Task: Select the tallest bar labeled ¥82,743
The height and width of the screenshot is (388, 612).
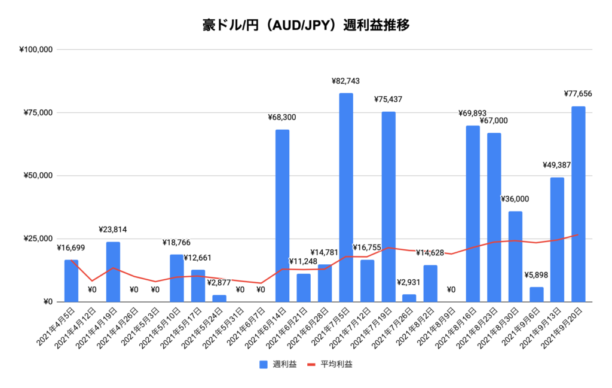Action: [346, 197]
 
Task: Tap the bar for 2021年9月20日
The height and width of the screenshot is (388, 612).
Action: [578, 204]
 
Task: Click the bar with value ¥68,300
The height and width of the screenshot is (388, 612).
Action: [282, 216]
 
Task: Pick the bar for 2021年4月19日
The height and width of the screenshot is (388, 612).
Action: [113, 272]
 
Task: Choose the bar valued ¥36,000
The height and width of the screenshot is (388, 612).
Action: [515, 256]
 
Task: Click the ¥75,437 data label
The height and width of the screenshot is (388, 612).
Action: [388, 99]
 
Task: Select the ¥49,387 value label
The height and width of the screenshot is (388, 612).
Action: [557, 165]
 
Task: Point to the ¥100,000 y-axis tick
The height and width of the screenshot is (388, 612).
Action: [37, 50]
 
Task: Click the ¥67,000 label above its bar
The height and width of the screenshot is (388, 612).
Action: [494, 120]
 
